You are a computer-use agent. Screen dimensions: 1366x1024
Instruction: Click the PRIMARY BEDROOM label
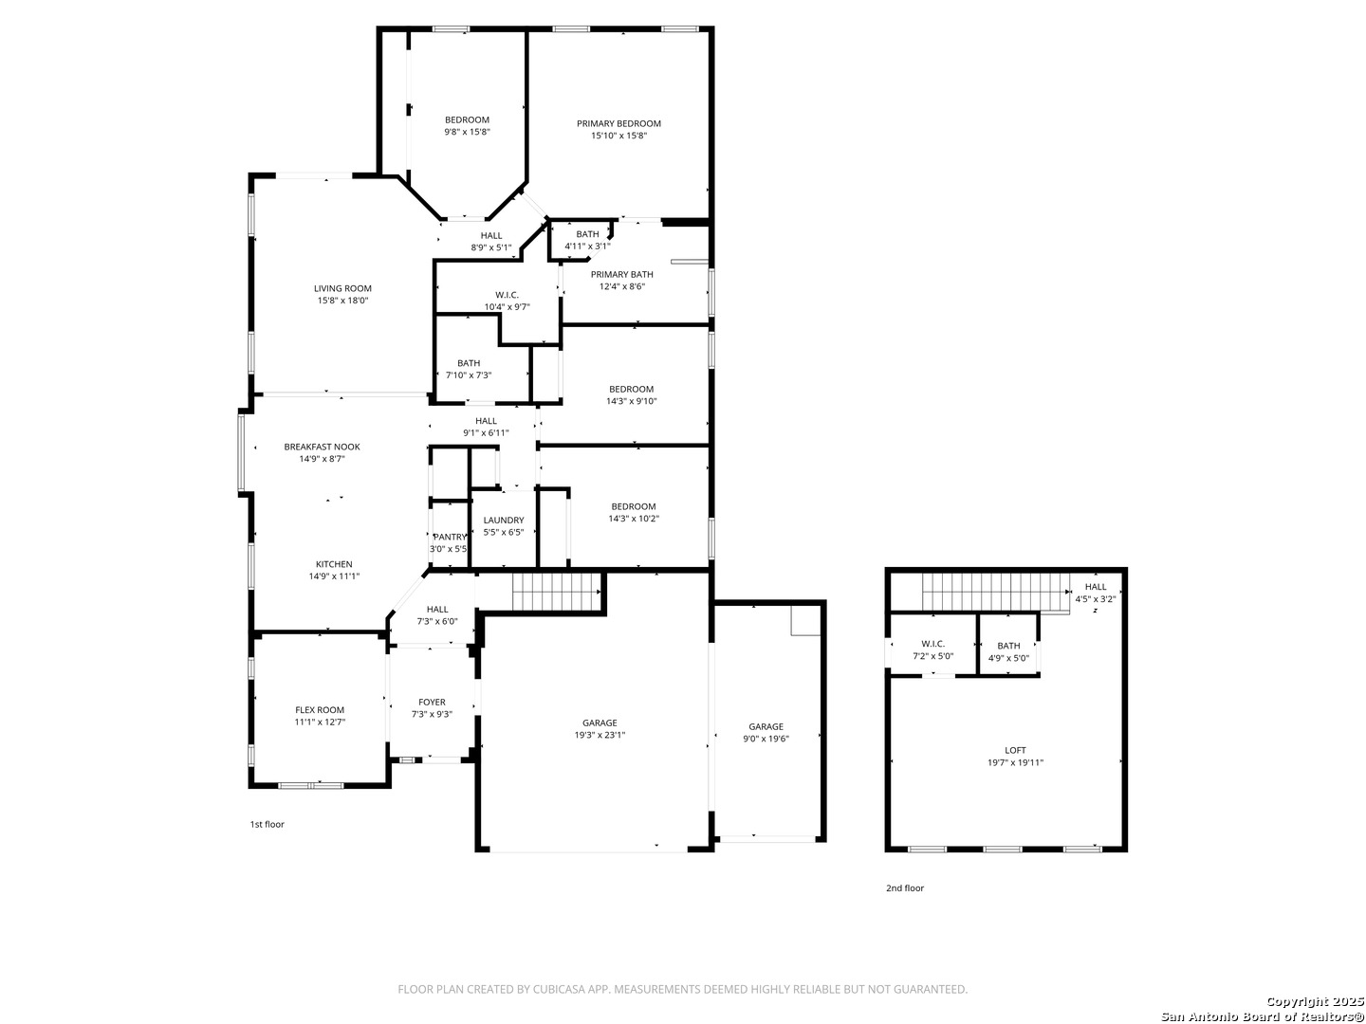618,123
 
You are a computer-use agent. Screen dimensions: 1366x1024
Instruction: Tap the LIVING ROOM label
342,288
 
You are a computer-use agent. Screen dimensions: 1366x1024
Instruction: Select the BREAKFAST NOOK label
322,447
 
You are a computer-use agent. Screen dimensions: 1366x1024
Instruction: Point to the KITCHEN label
334,564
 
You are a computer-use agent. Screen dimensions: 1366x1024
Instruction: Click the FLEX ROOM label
320,710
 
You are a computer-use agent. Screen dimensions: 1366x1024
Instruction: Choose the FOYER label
432,703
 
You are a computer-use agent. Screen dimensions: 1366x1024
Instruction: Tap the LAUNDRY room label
504,521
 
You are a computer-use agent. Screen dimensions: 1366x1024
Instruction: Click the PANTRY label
450,538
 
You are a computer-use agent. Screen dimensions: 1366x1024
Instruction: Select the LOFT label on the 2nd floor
1015,750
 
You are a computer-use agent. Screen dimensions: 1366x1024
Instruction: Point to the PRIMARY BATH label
621,275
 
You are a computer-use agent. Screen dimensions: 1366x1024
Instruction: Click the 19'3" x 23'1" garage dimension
600,735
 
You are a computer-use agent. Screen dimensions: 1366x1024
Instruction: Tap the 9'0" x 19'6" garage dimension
766,739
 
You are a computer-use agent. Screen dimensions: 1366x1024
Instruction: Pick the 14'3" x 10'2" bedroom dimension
634,519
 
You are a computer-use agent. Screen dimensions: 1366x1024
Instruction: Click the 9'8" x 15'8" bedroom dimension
467,132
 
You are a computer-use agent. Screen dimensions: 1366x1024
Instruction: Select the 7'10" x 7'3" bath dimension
469,375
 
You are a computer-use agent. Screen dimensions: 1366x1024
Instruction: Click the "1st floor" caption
267,825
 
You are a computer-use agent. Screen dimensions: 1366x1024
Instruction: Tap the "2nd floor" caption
905,887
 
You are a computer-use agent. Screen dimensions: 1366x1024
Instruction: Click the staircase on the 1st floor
556,592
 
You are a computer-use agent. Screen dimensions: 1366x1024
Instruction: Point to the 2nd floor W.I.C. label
932,644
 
